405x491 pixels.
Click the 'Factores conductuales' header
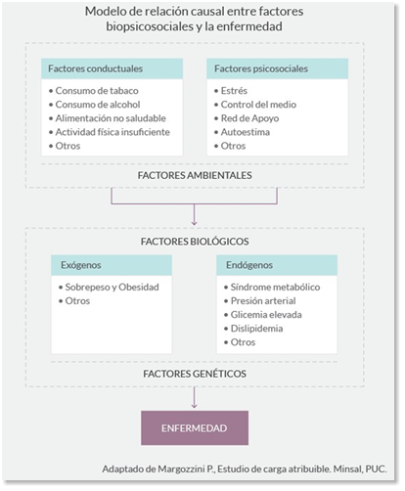click(x=95, y=68)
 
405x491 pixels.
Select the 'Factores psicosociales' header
click(x=261, y=68)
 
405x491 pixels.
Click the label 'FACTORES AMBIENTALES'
click(x=195, y=175)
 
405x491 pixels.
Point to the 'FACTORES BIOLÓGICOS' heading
click(x=195, y=242)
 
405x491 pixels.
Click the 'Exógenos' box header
click(x=81, y=265)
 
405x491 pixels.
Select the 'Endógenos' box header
click(x=249, y=265)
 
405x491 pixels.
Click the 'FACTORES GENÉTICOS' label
click(x=195, y=374)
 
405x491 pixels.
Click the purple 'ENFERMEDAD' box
click(x=195, y=428)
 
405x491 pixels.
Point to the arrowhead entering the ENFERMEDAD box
click(x=195, y=406)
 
